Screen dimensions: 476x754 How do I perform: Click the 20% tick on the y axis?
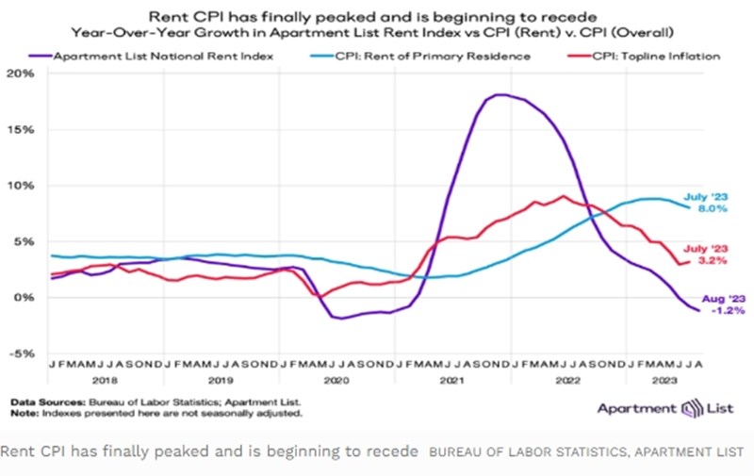(20, 74)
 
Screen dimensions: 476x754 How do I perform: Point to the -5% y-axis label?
(20, 353)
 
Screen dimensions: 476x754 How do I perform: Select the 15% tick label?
(20, 129)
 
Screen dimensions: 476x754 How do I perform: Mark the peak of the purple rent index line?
(500, 94)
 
